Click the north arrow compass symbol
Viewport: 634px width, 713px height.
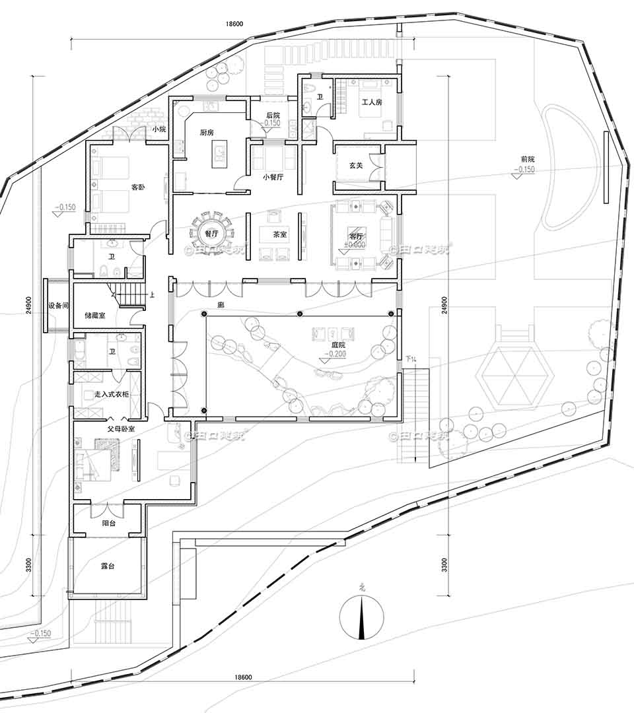tap(361, 617)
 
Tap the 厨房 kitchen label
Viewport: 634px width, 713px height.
tap(207, 132)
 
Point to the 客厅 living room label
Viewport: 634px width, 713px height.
tap(357, 235)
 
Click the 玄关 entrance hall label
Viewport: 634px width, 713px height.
tap(355, 165)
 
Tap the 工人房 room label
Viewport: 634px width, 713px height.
tap(372, 102)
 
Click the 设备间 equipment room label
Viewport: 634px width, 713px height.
tap(58, 306)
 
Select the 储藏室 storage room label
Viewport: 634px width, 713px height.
tap(94, 316)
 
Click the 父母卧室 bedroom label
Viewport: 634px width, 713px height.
tap(122, 428)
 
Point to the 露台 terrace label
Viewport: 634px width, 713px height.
tap(108, 566)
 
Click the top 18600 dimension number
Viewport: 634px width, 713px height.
tap(234, 24)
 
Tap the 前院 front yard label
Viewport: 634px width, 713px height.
tap(527, 159)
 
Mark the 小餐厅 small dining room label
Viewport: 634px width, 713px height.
tap(273, 177)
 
